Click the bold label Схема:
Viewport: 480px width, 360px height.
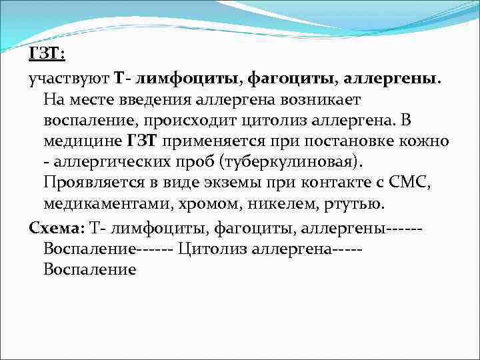tap(57, 227)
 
